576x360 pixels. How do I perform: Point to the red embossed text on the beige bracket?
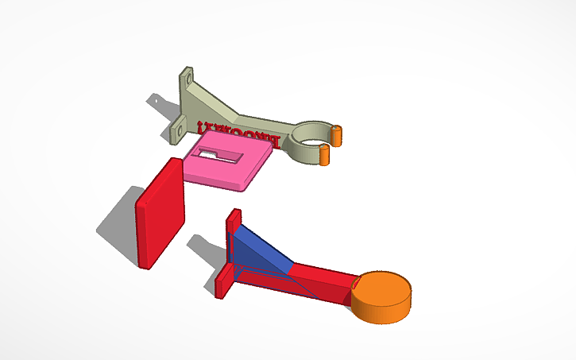[230, 133]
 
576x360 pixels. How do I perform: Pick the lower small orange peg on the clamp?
[325, 155]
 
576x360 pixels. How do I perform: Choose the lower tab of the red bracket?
[223, 282]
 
